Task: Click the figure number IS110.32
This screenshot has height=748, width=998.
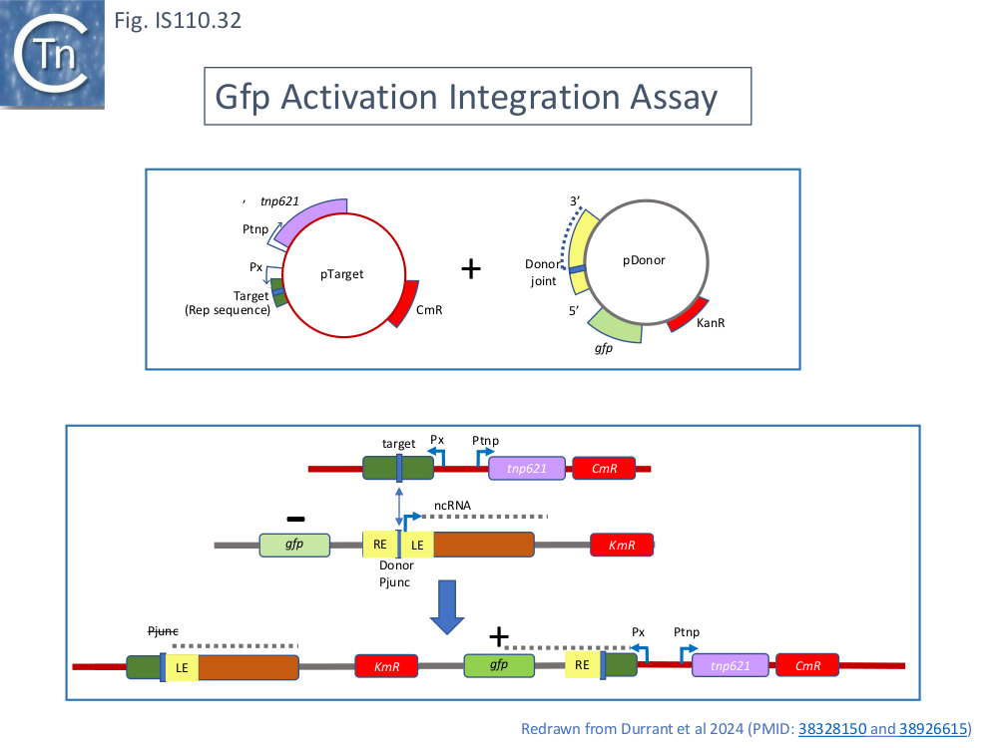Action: point(179,20)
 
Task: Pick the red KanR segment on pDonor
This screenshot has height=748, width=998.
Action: point(689,315)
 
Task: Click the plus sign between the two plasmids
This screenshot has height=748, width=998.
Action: point(470,268)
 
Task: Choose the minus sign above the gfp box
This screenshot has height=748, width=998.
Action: point(295,519)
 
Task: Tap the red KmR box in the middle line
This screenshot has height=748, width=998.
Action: point(622,545)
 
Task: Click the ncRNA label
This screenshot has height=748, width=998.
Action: point(451,505)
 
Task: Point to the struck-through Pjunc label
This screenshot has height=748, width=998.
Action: point(163,631)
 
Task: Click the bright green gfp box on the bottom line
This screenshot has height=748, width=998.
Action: point(498,665)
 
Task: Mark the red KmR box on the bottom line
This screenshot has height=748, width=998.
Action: point(386,666)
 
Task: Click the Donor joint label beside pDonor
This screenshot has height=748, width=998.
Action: point(542,272)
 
